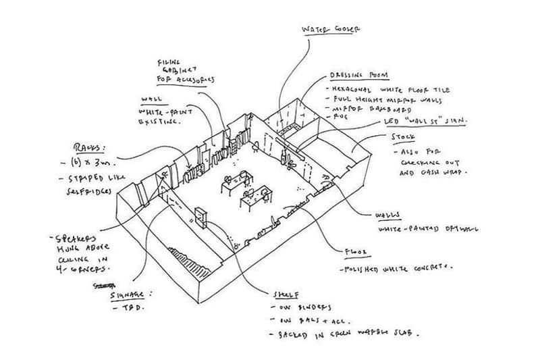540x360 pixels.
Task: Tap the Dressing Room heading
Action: [356, 75]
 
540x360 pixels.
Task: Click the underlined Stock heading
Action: [403, 137]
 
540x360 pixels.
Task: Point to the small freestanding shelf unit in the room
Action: [200, 215]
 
